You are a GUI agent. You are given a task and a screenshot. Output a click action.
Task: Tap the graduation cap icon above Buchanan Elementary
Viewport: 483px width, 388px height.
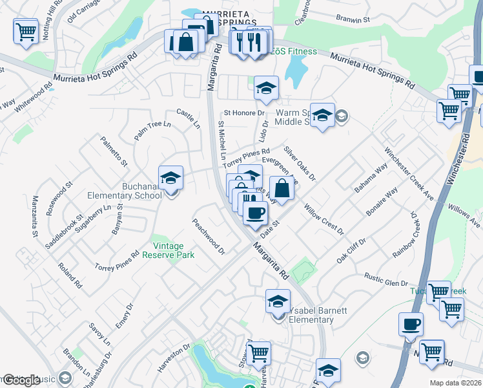point(170,177)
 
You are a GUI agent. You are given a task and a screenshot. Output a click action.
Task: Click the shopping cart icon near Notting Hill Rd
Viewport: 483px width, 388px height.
point(25,30)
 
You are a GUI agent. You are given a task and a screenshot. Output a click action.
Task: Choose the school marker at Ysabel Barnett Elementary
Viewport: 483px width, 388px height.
point(278,301)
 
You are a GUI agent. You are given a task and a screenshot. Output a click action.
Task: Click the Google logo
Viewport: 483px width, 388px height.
point(21,380)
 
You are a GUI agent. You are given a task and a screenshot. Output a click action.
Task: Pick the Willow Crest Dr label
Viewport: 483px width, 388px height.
point(324,220)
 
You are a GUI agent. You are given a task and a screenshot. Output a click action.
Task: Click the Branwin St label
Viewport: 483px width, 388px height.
point(356,20)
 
